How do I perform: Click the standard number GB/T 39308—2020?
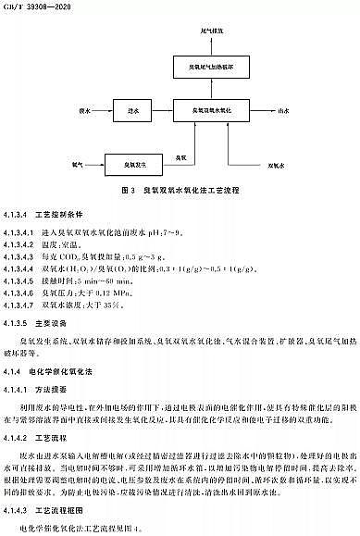pyautogui.click(x=31, y=6)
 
